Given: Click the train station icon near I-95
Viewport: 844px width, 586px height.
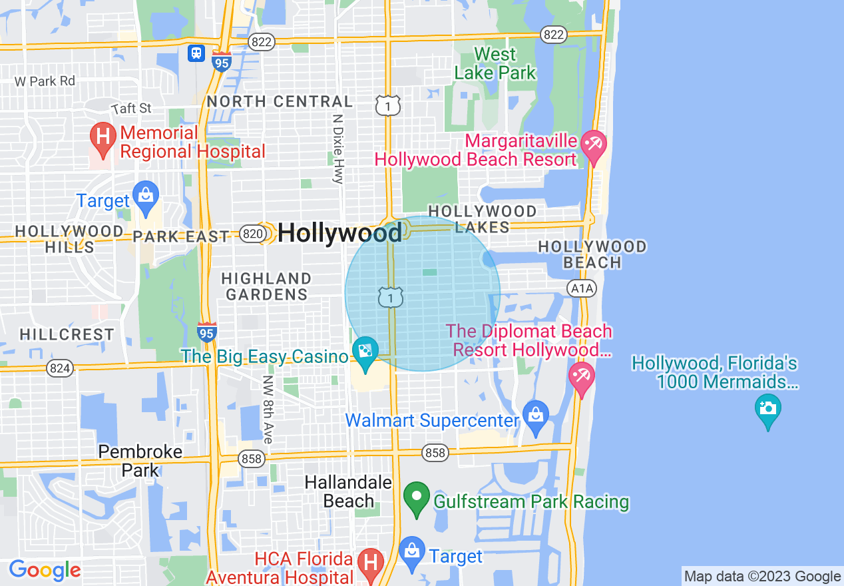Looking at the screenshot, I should (x=196, y=53).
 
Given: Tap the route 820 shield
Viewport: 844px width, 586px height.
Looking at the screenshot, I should (x=252, y=233).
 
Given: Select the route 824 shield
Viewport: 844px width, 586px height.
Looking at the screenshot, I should (x=59, y=368).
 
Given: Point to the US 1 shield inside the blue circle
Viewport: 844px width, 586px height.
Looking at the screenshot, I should (x=390, y=296).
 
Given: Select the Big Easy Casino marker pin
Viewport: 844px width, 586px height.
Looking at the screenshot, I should (x=365, y=353).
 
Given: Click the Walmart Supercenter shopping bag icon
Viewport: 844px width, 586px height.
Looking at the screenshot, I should (x=535, y=415).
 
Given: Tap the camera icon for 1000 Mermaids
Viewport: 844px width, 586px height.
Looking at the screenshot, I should (x=767, y=409).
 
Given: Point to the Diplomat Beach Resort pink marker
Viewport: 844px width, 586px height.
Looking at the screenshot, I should (x=581, y=377).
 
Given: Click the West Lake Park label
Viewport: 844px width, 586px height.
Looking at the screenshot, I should (x=495, y=63).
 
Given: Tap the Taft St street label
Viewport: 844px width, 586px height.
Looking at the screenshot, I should (x=131, y=108).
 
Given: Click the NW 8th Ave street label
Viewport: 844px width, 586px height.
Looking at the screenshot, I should (x=268, y=410).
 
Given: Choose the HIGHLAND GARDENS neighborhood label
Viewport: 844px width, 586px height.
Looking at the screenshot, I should (x=266, y=286).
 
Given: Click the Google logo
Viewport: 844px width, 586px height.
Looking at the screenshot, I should (x=45, y=570).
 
